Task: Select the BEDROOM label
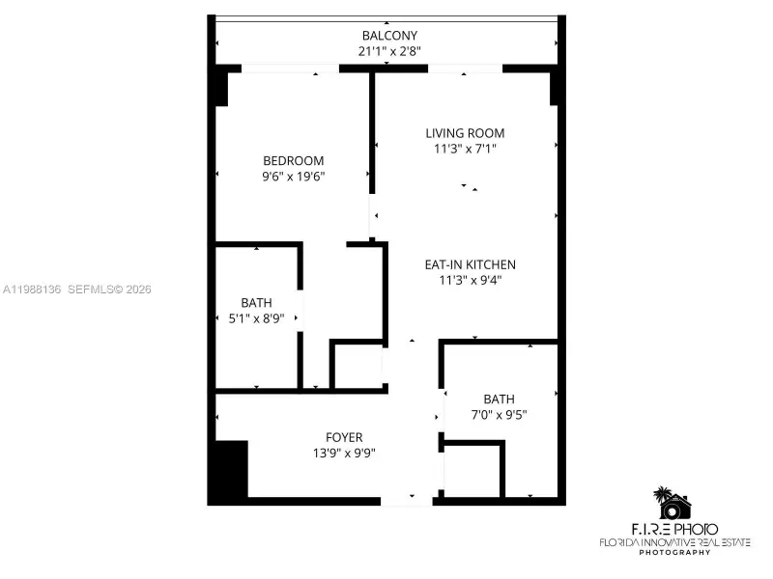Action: [x=293, y=161]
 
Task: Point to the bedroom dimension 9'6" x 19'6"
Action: [x=293, y=177]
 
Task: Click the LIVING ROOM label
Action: [x=465, y=133]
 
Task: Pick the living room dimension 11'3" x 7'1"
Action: [x=465, y=149]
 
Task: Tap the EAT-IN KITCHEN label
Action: [x=470, y=264]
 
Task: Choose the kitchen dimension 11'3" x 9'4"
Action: [x=470, y=280]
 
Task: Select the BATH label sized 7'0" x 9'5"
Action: [x=499, y=399]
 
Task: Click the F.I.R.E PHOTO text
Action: [x=673, y=529]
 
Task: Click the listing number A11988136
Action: [x=33, y=289]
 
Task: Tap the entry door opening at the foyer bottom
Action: [x=407, y=500]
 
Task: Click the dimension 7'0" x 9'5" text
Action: [x=499, y=414]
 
